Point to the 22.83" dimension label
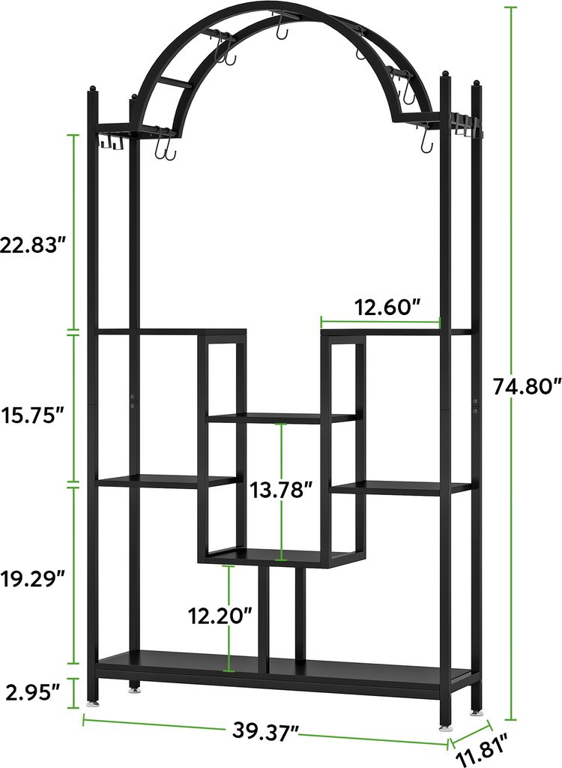33,244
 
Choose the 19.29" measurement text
33,578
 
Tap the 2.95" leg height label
32,692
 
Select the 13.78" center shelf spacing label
281,489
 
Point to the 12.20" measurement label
221,616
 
